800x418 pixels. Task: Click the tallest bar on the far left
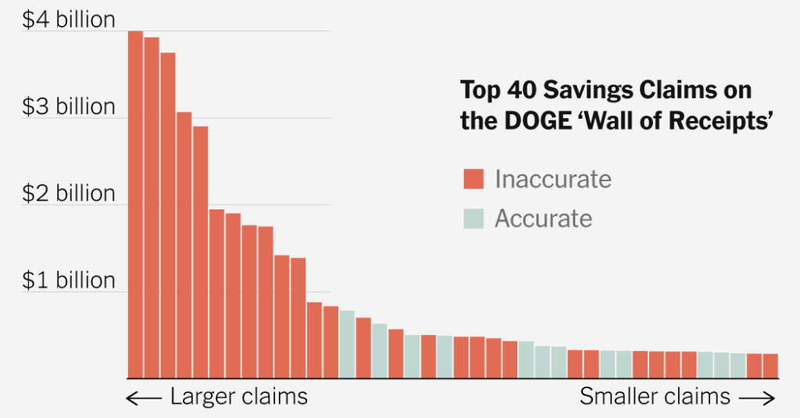135,203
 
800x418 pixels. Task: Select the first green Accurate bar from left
347,344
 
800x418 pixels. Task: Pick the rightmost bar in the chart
770,366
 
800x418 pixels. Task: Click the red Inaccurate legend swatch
473,179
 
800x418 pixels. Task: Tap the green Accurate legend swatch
473,218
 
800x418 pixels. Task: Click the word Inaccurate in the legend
552,179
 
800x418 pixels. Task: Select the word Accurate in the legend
543,218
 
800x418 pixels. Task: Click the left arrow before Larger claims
143,398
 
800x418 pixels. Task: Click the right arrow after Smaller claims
757,398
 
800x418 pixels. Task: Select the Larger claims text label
238,397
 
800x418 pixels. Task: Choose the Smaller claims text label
655,397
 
